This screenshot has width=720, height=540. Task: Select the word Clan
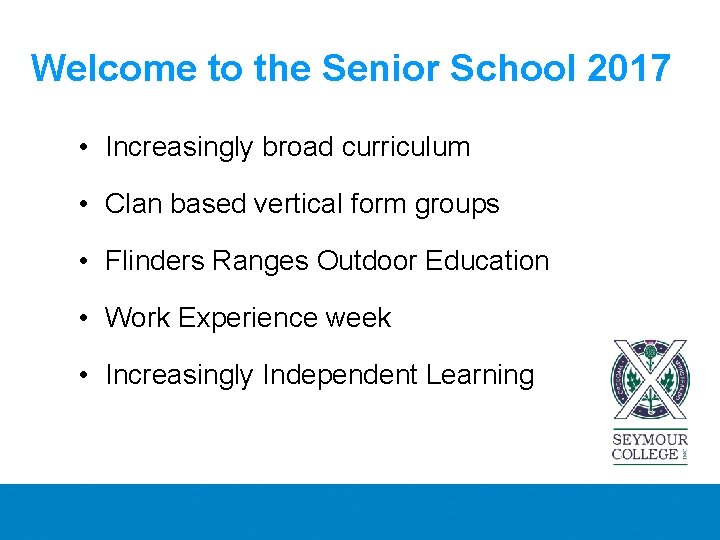pos(133,204)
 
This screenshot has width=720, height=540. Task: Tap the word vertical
pos(301,204)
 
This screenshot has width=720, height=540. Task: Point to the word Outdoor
pos(367,261)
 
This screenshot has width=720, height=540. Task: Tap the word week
pos(357,318)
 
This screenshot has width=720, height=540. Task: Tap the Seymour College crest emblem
pos(650,383)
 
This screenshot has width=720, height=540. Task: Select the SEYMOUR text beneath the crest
pos(650,440)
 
